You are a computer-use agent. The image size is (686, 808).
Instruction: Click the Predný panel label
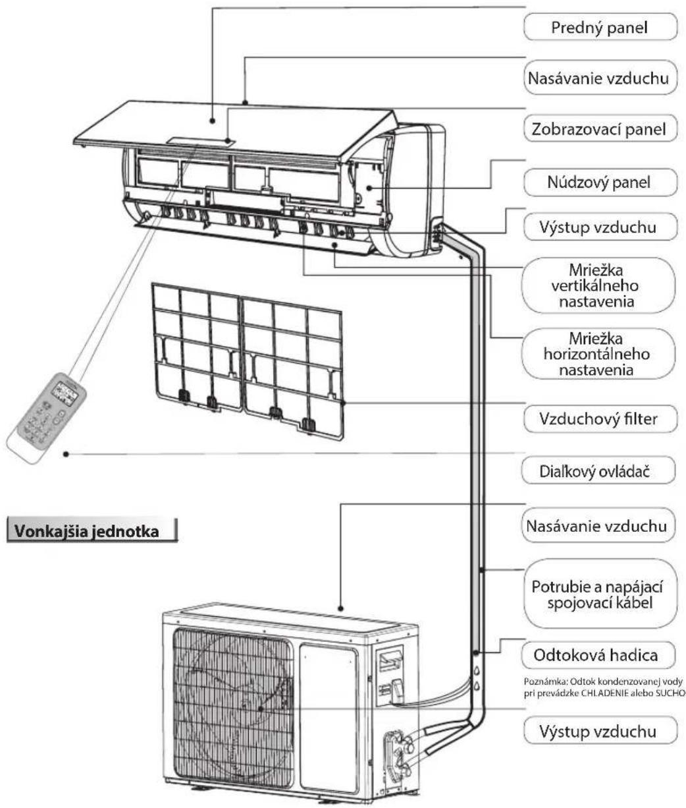tap(600, 28)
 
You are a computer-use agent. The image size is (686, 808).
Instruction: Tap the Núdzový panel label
tap(600, 182)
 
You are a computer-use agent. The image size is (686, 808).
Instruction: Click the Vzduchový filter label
tap(600, 418)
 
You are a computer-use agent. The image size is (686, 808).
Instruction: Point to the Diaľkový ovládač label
tap(600, 471)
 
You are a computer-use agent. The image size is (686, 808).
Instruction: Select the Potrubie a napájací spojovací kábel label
tap(600, 594)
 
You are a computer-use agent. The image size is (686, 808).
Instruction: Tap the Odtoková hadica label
tap(600, 656)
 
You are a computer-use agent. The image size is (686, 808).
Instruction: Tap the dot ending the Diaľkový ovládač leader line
tap(66, 453)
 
